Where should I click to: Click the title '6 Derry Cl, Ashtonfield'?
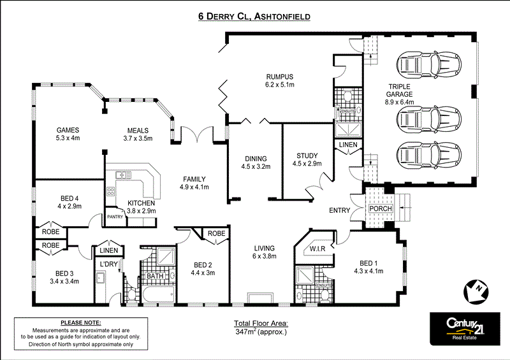click(254, 17)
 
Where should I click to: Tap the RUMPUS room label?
click(280, 76)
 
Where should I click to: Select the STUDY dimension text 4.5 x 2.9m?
click(307, 163)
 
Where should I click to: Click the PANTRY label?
click(115, 217)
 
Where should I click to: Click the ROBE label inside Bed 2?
click(217, 233)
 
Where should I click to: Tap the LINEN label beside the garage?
click(348, 145)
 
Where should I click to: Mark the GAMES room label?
click(68, 129)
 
